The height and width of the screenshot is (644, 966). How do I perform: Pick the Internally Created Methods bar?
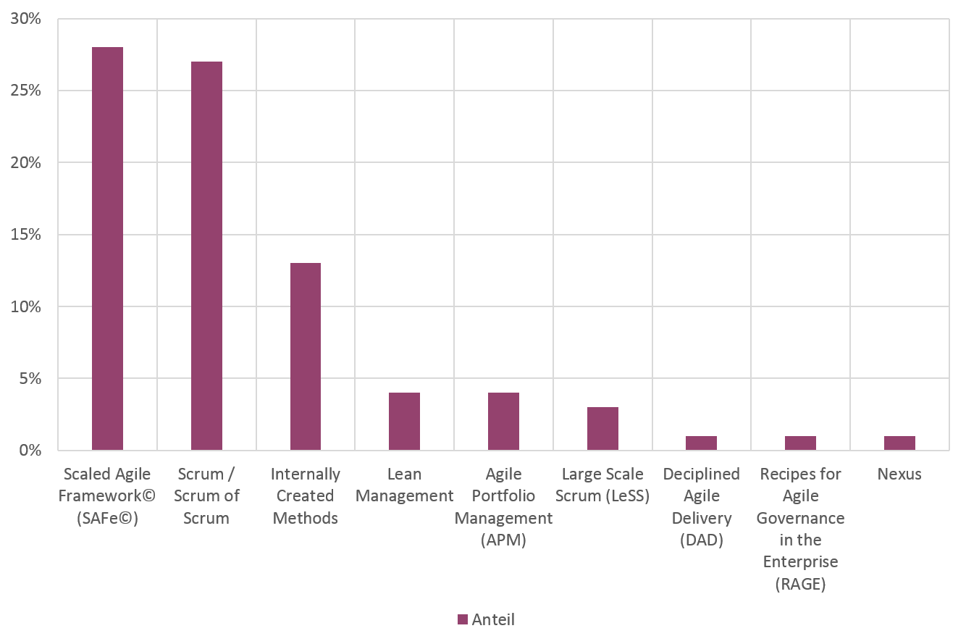pos(306,356)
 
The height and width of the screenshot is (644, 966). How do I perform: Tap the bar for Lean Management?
pos(404,421)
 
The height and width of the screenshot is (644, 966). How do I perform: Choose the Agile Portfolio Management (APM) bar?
pos(503,421)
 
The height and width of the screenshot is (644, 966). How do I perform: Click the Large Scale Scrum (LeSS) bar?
pos(602,428)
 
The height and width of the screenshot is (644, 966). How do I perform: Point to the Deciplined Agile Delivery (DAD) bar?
pos(701,443)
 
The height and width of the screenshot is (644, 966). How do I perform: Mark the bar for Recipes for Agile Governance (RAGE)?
pos(800,443)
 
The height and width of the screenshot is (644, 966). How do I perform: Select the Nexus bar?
pos(899,443)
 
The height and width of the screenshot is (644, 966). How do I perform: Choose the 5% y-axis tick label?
pos(30,378)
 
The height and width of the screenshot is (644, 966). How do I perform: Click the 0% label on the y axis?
pos(30,450)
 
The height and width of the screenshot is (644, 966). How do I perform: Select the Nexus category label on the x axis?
pos(899,474)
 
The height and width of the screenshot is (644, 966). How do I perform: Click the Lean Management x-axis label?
pos(404,485)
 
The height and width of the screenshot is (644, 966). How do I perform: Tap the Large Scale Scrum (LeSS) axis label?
pos(602,485)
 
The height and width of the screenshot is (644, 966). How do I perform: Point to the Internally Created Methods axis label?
pos(306,495)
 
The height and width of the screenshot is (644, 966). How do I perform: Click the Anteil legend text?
pos(492,619)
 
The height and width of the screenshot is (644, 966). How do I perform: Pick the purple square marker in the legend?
pos(463,619)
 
